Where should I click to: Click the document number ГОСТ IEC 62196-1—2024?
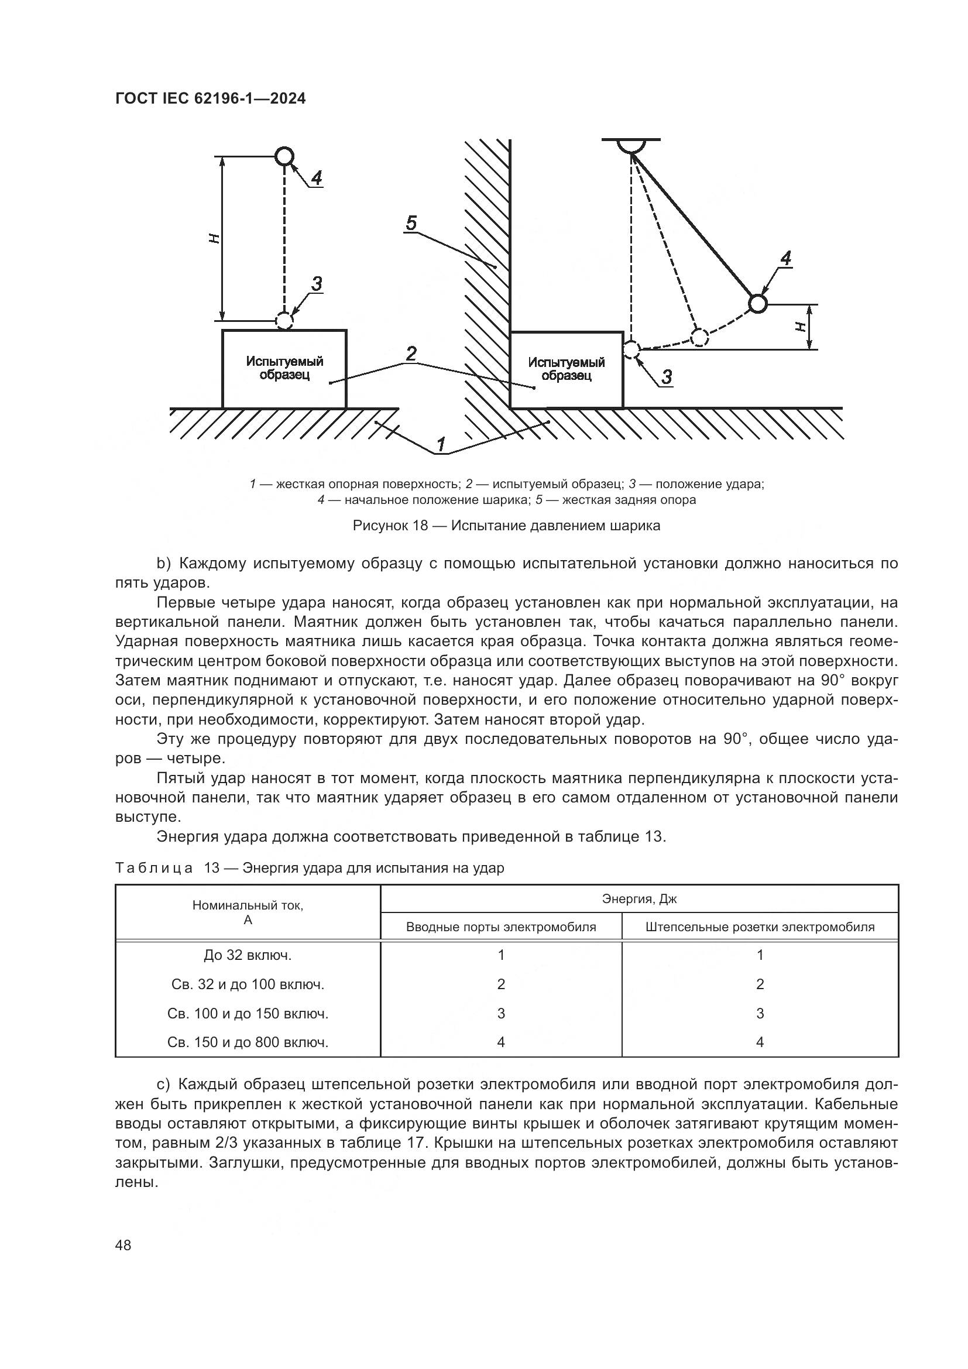pos(210,99)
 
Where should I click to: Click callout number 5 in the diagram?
pos(411,224)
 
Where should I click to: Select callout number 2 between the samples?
pos(411,354)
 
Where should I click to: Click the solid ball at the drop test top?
pos(284,156)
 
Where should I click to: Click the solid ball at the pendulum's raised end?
pos(757,304)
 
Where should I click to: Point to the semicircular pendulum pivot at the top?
pos(631,146)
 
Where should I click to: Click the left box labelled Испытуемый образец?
pos(284,369)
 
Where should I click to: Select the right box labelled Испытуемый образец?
pos(567,369)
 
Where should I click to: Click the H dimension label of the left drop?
pos(215,238)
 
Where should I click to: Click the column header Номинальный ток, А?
pos(248,912)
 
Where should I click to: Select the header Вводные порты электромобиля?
pos(501,927)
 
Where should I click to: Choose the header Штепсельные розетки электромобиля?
pos(760,927)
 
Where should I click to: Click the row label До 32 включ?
pos(248,955)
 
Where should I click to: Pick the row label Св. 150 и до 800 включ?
pos(248,1042)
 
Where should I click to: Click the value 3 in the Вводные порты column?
pos(501,1013)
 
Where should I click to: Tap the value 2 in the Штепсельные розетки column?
pos(760,984)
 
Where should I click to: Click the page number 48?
pos(123,1245)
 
